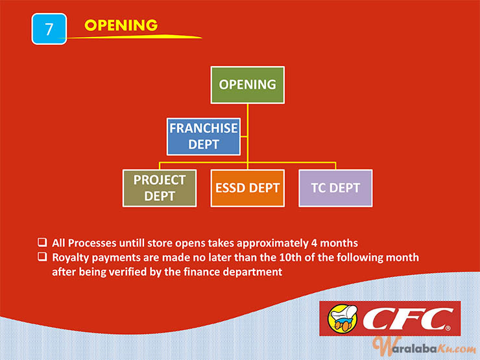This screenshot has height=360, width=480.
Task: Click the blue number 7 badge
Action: (x=49, y=29)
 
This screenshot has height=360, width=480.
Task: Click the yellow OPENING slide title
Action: (x=121, y=25)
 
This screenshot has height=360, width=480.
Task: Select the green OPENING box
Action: (x=247, y=85)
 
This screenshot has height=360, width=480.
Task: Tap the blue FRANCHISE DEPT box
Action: (x=204, y=136)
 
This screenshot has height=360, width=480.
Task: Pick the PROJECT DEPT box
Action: (x=160, y=188)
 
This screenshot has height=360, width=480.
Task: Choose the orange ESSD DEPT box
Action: (x=247, y=188)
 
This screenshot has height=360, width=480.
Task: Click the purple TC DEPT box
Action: (x=335, y=188)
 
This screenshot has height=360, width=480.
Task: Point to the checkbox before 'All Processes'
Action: (x=42, y=242)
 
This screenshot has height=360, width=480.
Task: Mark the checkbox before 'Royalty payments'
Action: (x=42, y=256)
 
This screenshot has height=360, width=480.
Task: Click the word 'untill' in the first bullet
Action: (x=132, y=243)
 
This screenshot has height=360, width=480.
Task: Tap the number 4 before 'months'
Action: (x=314, y=243)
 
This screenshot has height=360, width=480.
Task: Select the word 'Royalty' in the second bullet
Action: (x=71, y=258)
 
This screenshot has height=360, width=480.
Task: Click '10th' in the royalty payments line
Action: (x=290, y=258)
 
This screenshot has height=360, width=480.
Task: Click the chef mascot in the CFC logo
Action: (x=342, y=318)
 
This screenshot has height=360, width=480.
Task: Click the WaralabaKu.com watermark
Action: (x=425, y=347)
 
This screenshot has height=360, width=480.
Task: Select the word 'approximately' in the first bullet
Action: (x=272, y=243)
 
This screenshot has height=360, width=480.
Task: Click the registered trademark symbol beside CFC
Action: (x=448, y=328)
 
